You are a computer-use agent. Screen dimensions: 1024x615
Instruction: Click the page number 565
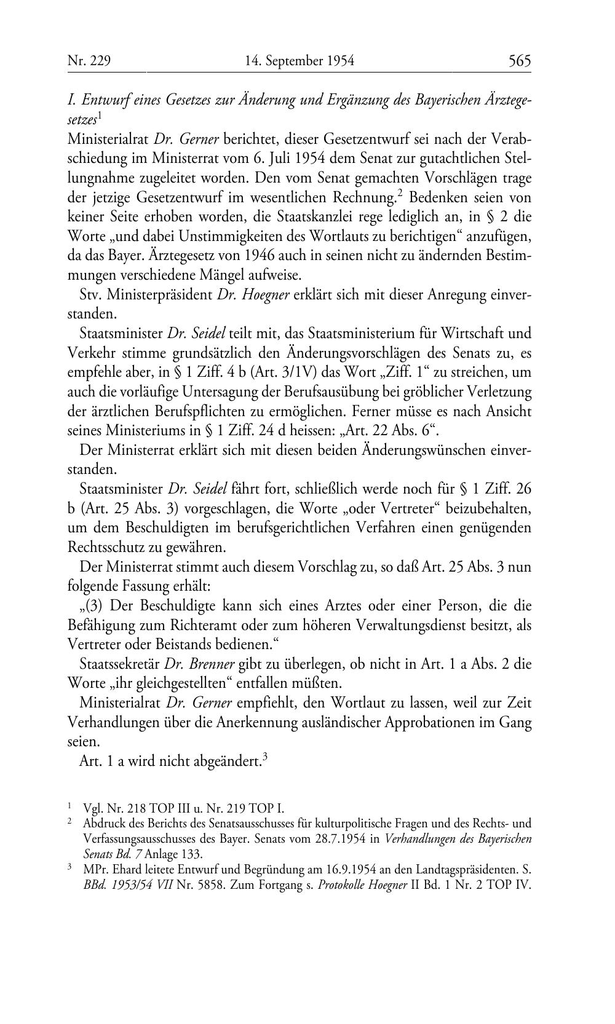pos(519,61)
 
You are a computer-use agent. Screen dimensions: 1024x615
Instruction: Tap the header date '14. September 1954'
pos(300,61)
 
